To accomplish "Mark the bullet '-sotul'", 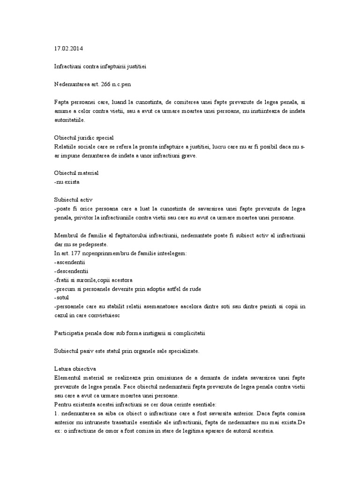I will pyautogui.click(x=62, y=297).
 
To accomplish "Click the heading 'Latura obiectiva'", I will pyautogui.click(x=75, y=369).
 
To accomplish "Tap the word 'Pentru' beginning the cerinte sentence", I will pyautogui.click(x=63, y=404).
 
